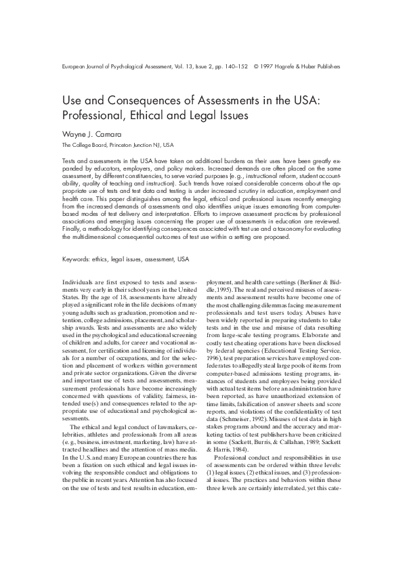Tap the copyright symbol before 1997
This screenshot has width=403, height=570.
pos(256,66)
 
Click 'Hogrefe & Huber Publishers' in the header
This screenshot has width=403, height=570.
pos(312,66)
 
